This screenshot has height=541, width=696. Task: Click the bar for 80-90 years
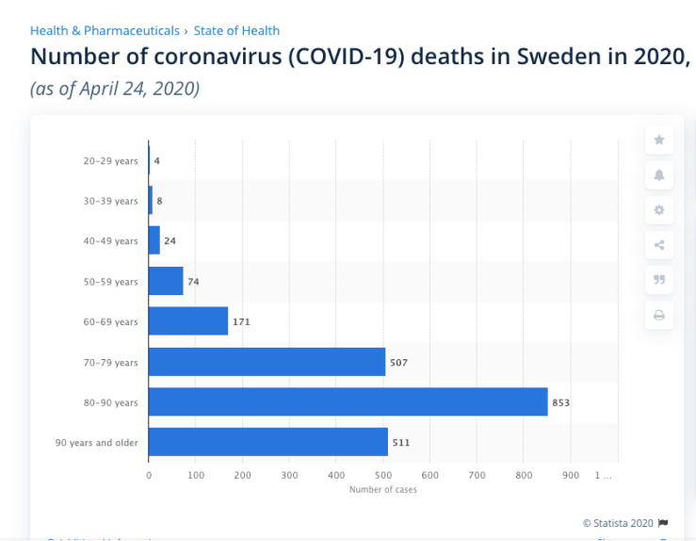click(x=348, y=402)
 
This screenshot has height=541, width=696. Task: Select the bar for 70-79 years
click(x=267, y=362)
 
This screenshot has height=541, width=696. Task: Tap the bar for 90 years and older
click(x=268, y=442)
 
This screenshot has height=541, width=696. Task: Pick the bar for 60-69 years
click(x=188, y=321)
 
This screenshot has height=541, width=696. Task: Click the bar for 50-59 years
click(x=166, y=281)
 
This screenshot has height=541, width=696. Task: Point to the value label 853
click(x=560, y=402)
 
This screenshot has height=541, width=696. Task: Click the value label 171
click(x=241, y=321)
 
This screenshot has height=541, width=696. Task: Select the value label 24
click(x=170, y=241)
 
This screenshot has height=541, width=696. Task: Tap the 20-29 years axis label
click(x=109, y=161)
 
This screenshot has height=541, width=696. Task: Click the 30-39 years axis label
click(x=109, y=201)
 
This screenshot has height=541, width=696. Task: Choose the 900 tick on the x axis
click(x=571, y=476)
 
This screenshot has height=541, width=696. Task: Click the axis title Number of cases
click(x=382, y=489)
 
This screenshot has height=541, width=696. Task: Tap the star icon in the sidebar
click(x=658, y=139)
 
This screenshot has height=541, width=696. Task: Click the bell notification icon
click(x=658, y=175)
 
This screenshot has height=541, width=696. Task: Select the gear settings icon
click(x=658, y=210)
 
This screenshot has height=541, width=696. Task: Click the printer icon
click(x=658, y=315)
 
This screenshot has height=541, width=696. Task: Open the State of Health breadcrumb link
click(x=236, y=31)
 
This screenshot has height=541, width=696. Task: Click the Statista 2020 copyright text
click(x=618, y=522)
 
